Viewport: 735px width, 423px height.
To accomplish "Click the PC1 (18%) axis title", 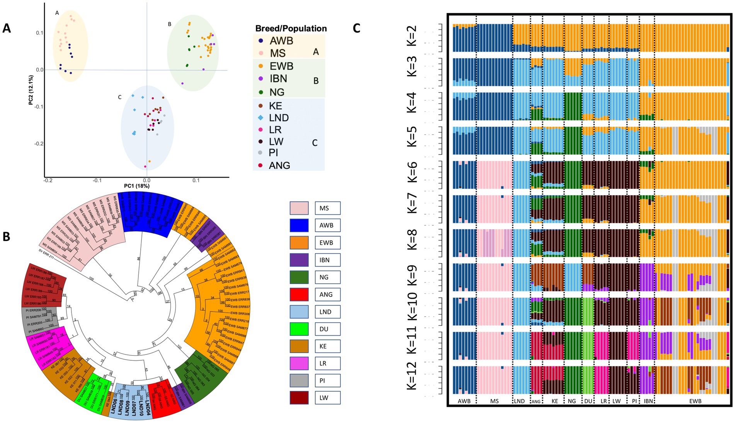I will pyautogui.click(x=136, y=186).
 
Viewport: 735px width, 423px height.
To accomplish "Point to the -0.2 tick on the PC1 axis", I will pyautogui.click(x=48, y=180).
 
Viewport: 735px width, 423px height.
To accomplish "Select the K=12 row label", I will pyautogui.click(x=412, y=375).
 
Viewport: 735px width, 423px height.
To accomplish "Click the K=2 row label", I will pyautogui.click(x=412, y=36).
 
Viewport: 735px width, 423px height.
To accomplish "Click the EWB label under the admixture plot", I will pyautogui.click(x=695, y=401).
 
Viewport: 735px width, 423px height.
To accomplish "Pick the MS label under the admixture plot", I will pyautogui.click(x=494, y=401).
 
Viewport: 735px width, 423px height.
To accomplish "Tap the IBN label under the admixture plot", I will pyautogui.click(x=648, y=401).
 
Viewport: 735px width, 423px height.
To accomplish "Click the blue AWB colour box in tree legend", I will pyautogui.click(x=299, y=225).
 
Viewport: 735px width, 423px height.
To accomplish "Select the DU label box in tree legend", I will pyautogui.click(x=327, y=329).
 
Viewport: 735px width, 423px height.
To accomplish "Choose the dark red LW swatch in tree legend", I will pyautogui.click(x=299, y=397).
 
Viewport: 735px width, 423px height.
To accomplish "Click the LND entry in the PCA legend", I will pyautogui.click(x=279, y=118).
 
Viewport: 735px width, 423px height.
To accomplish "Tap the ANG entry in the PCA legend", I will pyautogui.click(x=279, y=165).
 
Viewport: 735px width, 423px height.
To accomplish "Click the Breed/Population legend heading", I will pyautogui.click(x=291, y=28).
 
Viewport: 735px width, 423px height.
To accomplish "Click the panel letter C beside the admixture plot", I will pyautogui.click(x=356, y=28).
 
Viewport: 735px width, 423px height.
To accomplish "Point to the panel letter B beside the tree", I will pyautogui.click(x=7, y=236).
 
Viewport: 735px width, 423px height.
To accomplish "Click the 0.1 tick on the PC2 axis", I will pyautogui.click(x=39, y=33).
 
